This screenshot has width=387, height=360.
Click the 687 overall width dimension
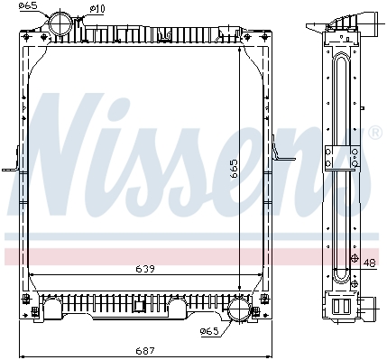pos(145,351)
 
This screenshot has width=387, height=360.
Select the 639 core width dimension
pos(145,269)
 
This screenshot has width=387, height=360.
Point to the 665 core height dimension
pos(234,169)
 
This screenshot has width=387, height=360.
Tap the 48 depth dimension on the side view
pos(369,263)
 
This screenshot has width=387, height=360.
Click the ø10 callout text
pos(97,9)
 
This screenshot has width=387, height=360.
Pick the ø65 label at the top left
pos(30,5)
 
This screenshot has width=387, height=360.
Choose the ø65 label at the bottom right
pos(209,331)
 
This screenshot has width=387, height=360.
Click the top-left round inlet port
pos(60,23)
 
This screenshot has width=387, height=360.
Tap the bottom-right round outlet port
pos(239,309)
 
